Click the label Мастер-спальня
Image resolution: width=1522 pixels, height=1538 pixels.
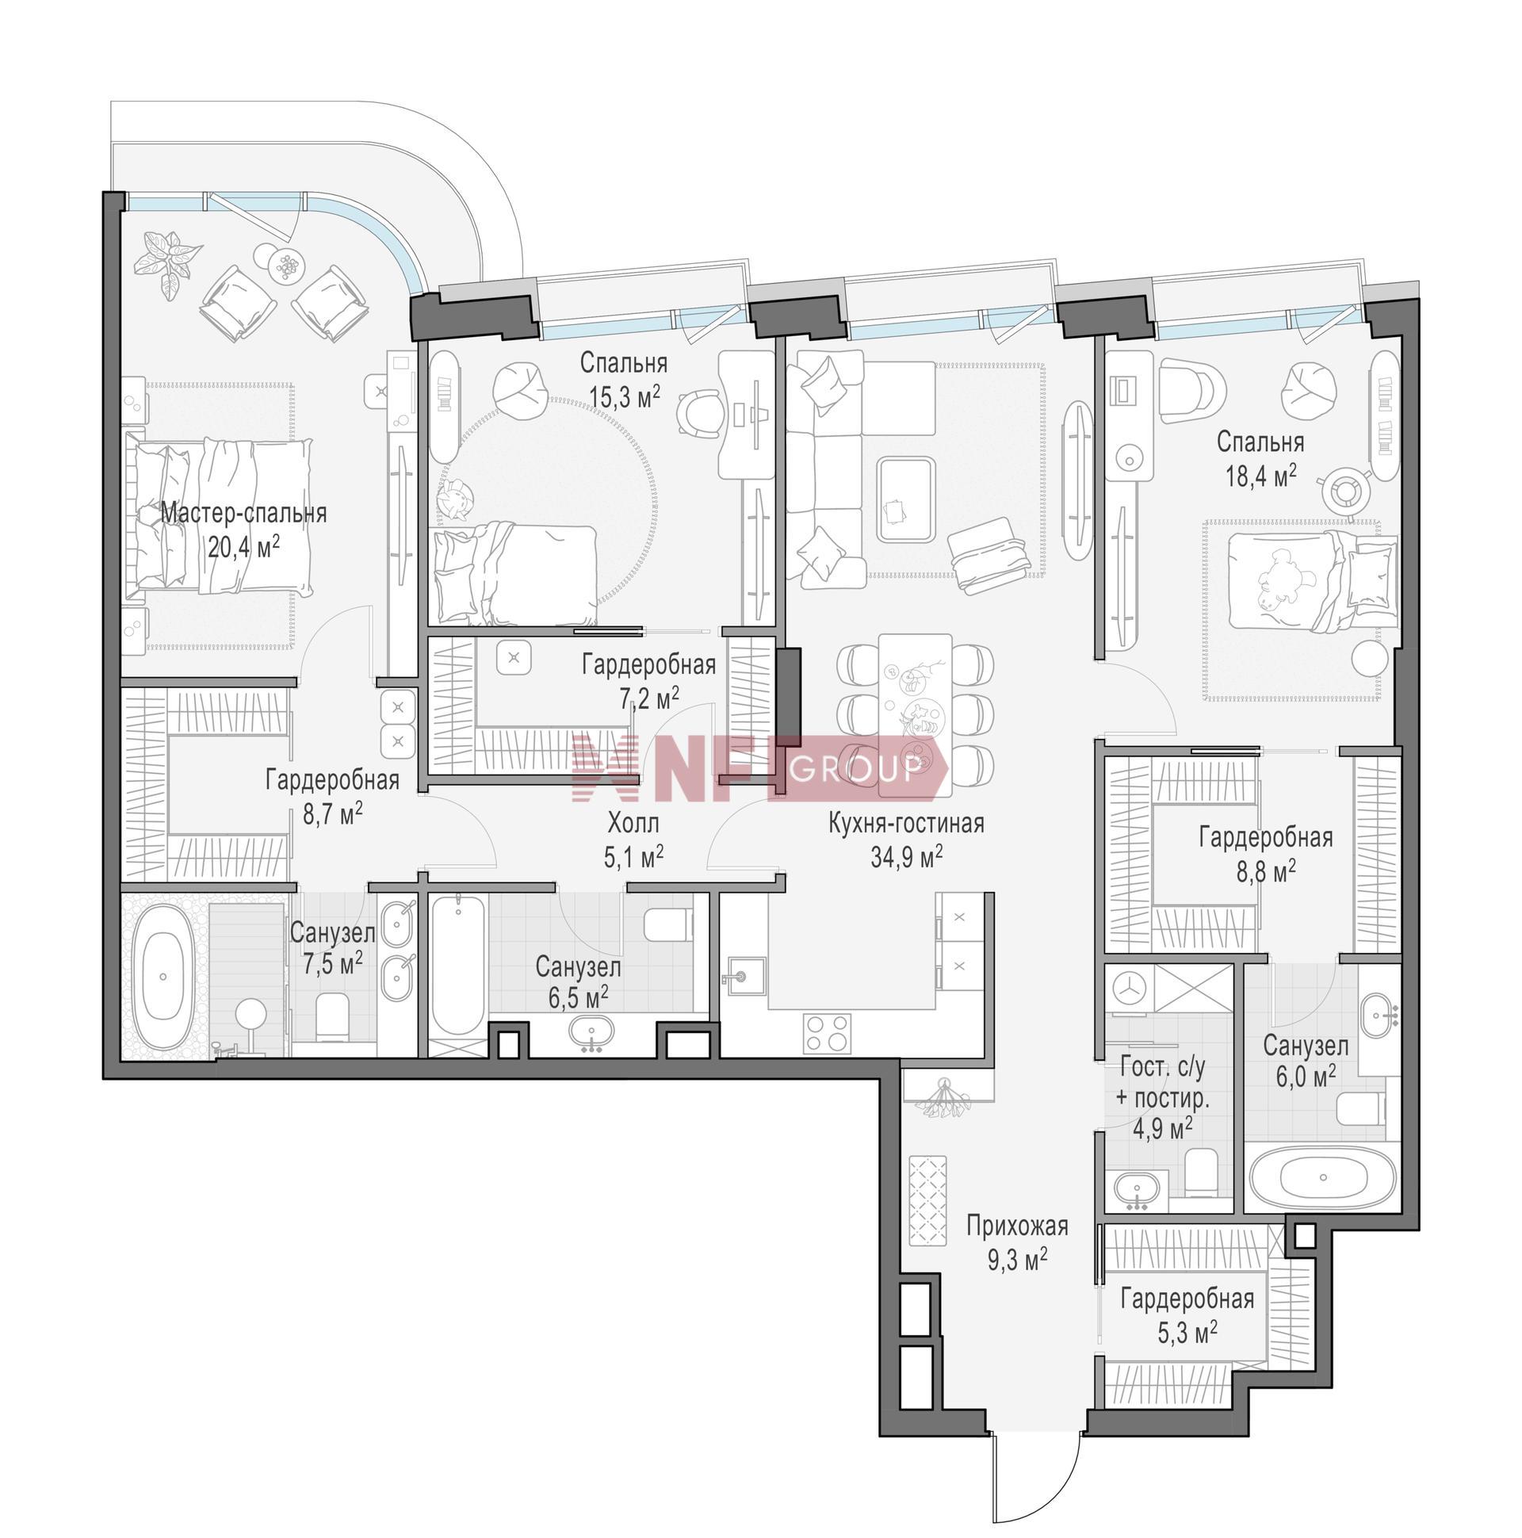[243, 514]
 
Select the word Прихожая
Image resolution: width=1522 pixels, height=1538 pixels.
[1016, 1226]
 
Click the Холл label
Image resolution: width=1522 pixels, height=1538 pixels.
[633, 822]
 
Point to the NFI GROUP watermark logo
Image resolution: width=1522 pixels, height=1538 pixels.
[760, 767]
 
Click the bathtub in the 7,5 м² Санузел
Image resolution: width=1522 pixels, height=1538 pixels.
[163, 978]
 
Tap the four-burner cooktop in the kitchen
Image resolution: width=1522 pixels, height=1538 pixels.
[827, 1033]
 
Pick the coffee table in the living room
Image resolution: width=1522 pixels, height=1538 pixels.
[905, 500]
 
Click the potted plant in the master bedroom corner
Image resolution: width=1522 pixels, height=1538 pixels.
[168, 263]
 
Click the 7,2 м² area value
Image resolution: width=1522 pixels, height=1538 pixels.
[648, 698]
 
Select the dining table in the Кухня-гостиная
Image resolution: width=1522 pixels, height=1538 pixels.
[916, 714]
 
